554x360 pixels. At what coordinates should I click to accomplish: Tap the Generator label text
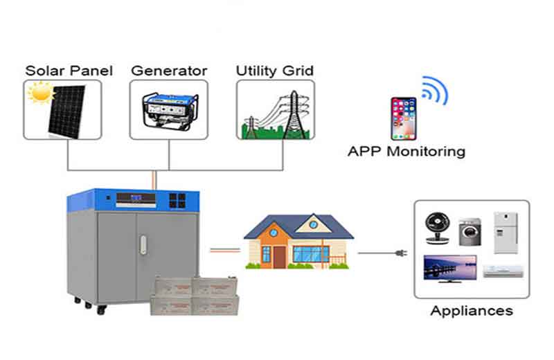click(x=168, y=71)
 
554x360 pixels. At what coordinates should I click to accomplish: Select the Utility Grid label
click(x=275, y=71)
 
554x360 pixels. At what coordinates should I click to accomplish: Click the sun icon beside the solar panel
click(x=39, y=93)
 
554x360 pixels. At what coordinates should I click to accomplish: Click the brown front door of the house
click(x=280, y=257)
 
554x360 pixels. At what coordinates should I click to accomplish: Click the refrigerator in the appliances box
click(x=505, y=232)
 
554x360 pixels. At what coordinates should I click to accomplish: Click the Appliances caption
click(x=471, y=311)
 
